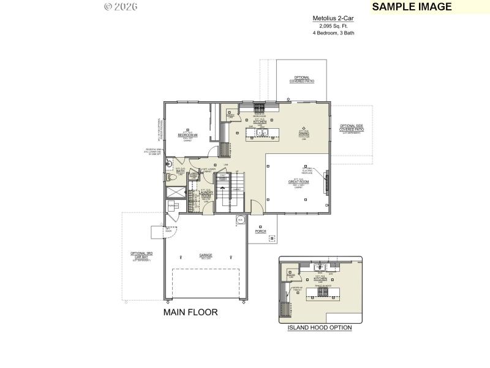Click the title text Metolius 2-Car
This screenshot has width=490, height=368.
coord(333,19)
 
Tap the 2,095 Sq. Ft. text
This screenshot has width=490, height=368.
coord(333,26)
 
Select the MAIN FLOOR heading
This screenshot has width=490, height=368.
coord(190,312)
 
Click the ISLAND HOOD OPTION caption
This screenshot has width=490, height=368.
coord(320,328)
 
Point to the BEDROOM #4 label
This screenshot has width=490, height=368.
coord(187,135)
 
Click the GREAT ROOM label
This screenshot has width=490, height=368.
coord(298,182)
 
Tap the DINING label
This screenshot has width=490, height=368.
coord(304,133)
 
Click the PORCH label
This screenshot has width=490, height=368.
coord(261,231)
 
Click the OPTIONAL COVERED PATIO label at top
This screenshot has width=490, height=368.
coord(302,79)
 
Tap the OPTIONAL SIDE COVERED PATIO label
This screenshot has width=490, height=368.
coord(352,128)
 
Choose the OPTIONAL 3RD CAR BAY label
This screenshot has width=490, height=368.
coord(141,255)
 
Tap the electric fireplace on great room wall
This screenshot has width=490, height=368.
coord(326,182)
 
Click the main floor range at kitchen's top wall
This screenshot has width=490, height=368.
coord(260,106)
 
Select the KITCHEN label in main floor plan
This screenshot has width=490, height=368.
coord(260,122)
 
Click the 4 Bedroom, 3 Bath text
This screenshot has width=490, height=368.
coord(333,33)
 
